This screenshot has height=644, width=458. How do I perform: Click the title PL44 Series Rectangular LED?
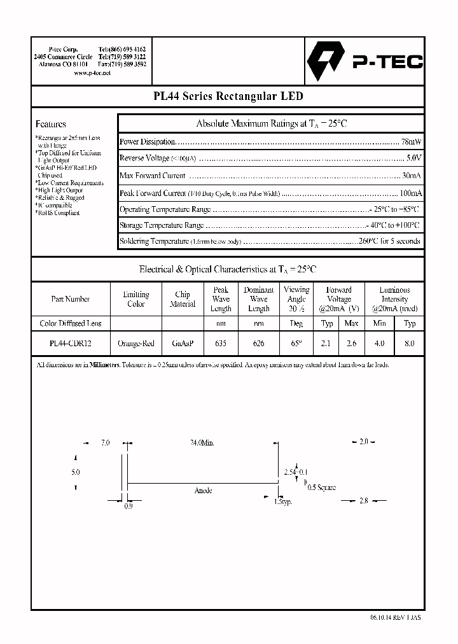(228, 97)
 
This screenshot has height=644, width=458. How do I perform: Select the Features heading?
(51, 124)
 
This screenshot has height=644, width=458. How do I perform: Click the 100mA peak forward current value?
(408, 193)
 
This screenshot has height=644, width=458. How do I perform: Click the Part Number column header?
(70, 299)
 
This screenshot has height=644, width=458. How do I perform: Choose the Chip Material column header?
(183, 299)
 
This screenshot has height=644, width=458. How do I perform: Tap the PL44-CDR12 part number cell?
(70, 343)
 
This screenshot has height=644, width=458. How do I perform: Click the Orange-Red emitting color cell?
(136, 343)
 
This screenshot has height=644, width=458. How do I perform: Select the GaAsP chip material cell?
(183, 343)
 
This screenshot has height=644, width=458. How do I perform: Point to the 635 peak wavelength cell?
(221, 343)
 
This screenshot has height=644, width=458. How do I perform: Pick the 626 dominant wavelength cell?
(259, 343)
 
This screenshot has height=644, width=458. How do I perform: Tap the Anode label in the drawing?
(203, 491)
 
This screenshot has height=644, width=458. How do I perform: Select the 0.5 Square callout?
(321, 487)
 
